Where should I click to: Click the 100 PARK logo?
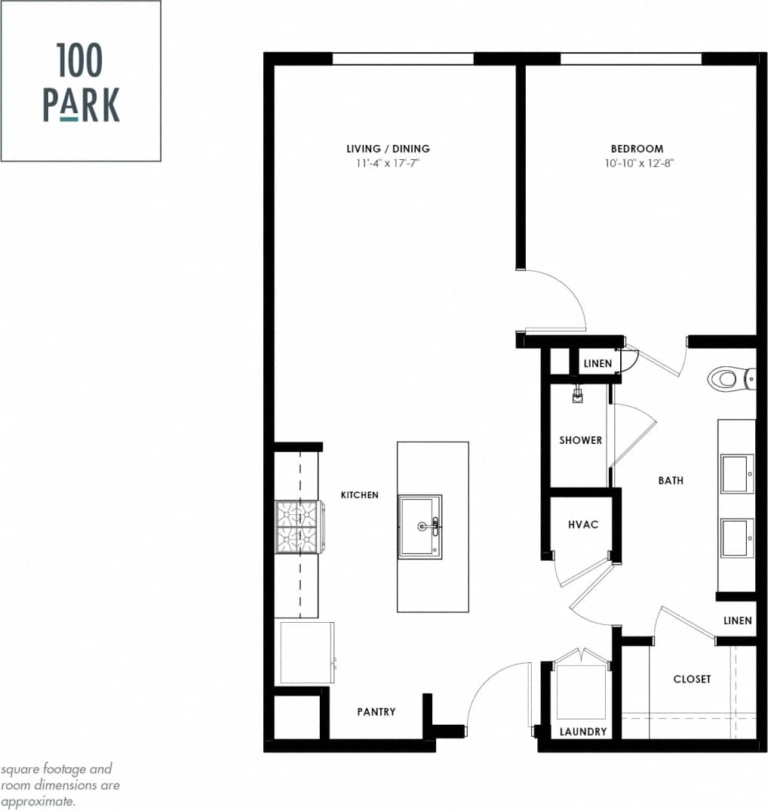81,82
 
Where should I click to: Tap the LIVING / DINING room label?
388,149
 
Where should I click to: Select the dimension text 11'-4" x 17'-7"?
388,163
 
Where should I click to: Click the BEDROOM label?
637,149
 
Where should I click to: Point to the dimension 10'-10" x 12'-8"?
637,163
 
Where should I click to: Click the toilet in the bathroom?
730,377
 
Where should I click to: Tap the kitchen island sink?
420,526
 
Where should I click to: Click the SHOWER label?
580,440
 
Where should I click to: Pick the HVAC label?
582,524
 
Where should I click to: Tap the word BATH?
670,480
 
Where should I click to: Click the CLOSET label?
692,679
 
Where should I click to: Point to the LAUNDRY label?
583,731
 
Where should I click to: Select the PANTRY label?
376,711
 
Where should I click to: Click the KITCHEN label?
360,495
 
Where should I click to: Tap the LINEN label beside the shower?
598,364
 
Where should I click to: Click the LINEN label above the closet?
737,621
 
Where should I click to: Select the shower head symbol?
578,396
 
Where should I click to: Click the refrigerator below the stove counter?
306,652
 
